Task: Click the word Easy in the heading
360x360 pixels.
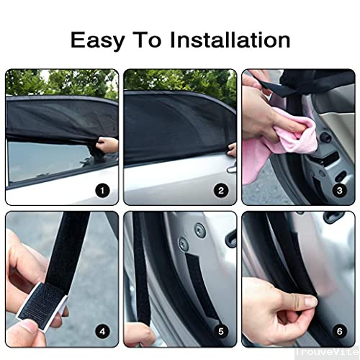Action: [x=98, y=41]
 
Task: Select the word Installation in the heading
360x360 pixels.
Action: [x=230, y=40]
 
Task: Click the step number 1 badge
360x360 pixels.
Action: [x=102, y=191]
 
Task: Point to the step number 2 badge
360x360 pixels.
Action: [x=221, y=191]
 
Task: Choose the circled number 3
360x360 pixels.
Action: [x=339, y=191]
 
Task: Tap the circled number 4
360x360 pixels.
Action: [x=102, y=332]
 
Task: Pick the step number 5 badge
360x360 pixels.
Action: [x=221, y=332]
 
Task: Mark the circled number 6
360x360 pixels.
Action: [x=339, y=332]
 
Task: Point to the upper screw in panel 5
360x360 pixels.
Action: [x=199, y=230]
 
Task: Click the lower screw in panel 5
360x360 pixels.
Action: [x=184, y=243]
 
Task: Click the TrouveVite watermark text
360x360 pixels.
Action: [x=326, y=352]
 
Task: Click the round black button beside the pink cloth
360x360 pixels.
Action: [x=325, y=138]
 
